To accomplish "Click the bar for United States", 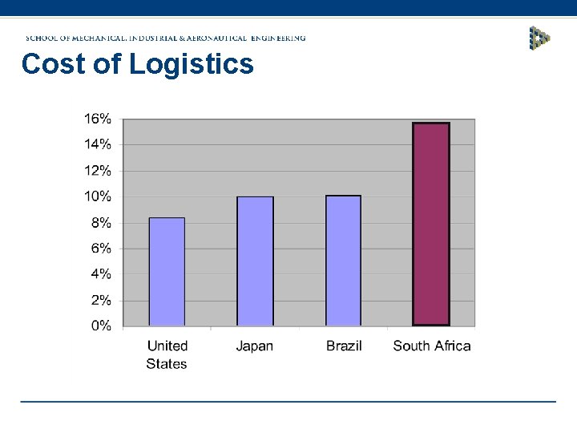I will tap(167, 272).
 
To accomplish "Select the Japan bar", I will tap(255, 261).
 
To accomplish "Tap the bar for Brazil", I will tap(343, 261).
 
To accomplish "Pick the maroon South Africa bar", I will tap(431, 224).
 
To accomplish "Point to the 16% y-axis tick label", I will tap(98, 119).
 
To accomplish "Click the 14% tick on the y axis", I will tap(98, 144).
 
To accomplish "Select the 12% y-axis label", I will tap(98, 171).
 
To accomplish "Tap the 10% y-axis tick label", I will tap(98, 196).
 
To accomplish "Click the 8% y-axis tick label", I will tap(100, 222).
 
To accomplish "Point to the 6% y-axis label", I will tap(100, 249).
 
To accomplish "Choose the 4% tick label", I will tap(100, 274).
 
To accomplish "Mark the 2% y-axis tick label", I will tap(100, 301).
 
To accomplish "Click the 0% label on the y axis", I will tap(100, 326).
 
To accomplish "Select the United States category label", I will tap(167, 354).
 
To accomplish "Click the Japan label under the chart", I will tap(255, 346).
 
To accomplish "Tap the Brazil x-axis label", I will tap(344, 346).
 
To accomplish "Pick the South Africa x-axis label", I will tap(432, 346).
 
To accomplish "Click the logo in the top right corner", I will tap(539, 38).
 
